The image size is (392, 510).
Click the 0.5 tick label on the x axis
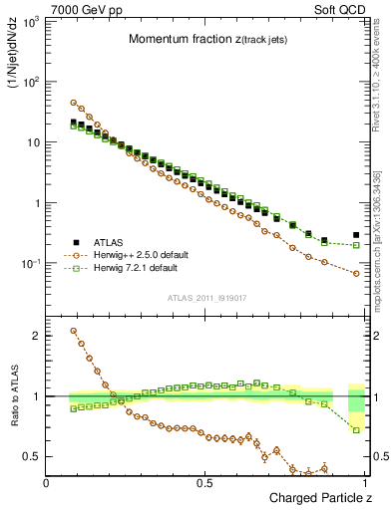click(x=205, y=483)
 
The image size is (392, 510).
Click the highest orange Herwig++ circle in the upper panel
click(x=74, y=103)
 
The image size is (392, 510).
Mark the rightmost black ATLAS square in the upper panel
click(x=356, y=235)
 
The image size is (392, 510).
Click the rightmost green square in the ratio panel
click(x=356, y=430)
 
